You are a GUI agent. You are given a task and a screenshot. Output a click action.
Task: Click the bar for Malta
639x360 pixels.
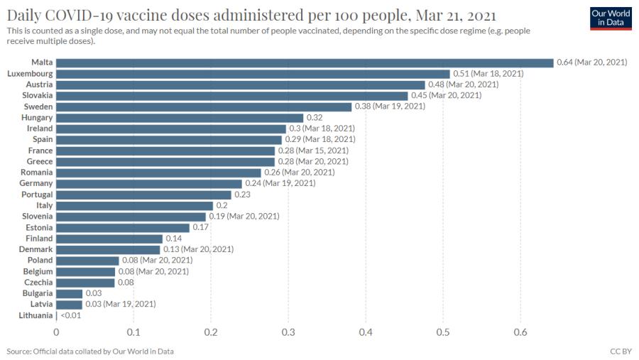tap(305, 62)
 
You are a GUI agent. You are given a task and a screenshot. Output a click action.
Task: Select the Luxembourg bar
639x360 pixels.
tap(253, 74)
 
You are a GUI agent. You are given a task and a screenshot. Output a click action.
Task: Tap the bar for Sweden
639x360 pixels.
tap(204, 107)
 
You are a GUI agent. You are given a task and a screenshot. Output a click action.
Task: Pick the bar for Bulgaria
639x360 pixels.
tap(70, 293)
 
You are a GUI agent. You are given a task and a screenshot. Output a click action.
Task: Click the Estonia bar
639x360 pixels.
tap(123, 227)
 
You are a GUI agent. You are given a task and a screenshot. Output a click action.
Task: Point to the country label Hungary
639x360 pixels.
tap(37, 118)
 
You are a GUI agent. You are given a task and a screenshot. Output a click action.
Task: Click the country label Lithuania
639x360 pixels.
tap(36, 315)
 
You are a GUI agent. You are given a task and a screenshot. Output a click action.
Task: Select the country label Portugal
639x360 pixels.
tap(37, 195)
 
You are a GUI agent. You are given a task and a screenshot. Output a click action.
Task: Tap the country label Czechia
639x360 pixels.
tap(38, 283)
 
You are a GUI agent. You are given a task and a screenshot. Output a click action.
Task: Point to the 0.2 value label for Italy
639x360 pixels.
tap(222, 205)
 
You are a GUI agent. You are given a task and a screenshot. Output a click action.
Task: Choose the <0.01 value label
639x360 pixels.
tap(71, 315)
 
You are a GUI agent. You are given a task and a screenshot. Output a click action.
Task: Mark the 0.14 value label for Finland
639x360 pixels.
tap(174, 239)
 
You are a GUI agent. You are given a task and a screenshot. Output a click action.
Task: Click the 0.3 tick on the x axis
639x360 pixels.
tap(288, 332)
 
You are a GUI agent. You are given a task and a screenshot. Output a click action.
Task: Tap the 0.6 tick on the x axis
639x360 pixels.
tap(520, 332)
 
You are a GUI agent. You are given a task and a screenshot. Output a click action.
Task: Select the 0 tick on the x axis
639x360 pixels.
tap(56, 332)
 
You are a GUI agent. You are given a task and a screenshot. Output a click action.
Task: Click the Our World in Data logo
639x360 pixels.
tap(611, 18)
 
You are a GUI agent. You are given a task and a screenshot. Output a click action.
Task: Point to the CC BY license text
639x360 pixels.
tap(621, 351)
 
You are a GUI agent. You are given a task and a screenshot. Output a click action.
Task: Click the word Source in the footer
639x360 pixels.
tap(18, 351)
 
